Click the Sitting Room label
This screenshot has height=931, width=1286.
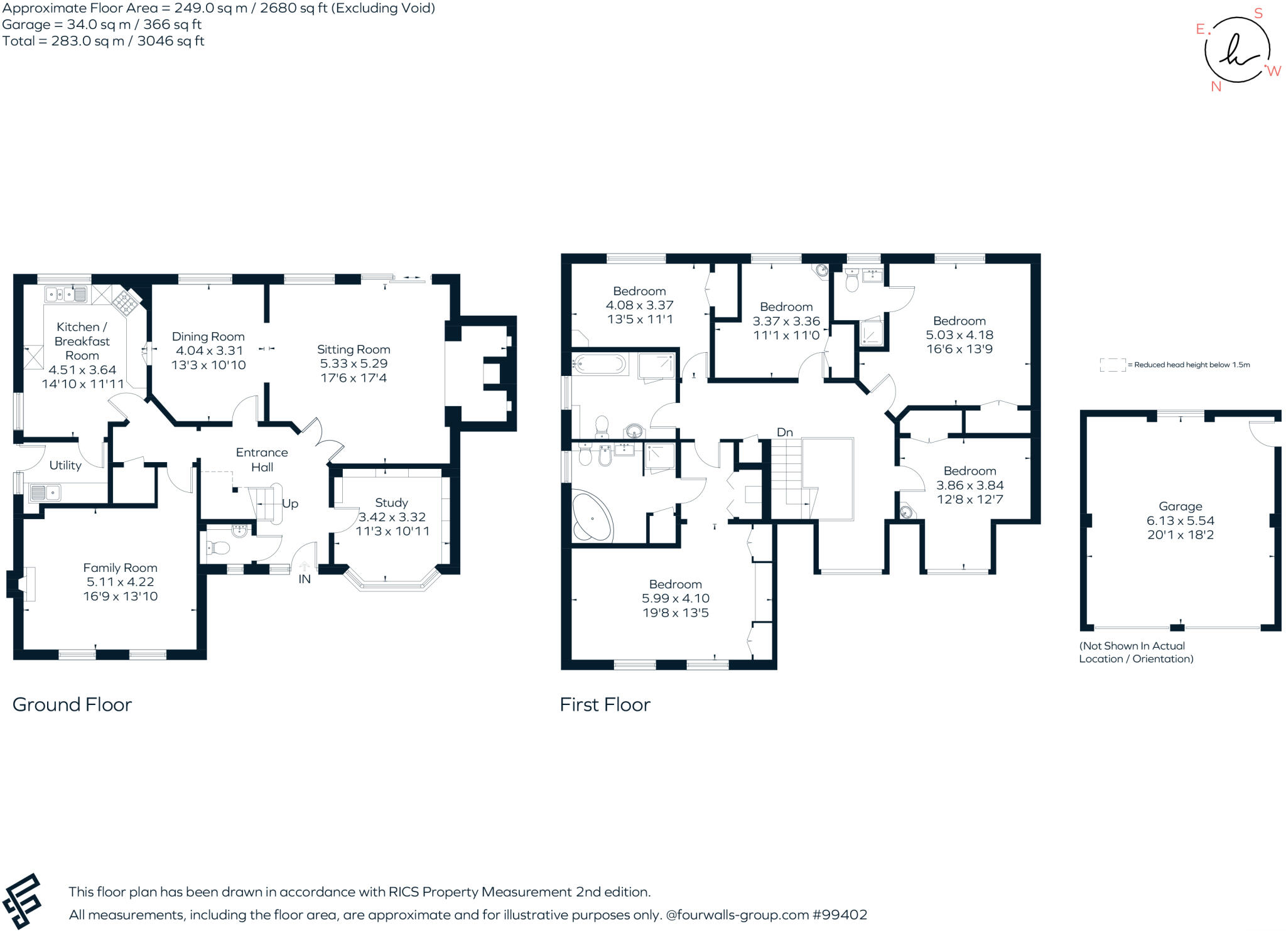coord(354,350)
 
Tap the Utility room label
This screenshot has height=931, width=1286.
coord(65,465)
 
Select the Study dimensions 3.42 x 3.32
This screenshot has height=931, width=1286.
coord(392,517)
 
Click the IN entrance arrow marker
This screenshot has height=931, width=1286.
coord(305,567)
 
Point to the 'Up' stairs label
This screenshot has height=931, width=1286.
coord(290,503)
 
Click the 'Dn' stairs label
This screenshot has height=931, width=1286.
coord(785,432)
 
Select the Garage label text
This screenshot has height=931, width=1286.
coord(1180,506)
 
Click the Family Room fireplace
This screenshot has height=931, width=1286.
coord(25,583)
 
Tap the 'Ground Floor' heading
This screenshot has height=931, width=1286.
coord(72,704)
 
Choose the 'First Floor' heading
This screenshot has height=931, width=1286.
coord(605,704)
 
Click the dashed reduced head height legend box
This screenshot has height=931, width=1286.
coord(1113,365)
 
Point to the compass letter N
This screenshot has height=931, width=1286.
coord(1216,87)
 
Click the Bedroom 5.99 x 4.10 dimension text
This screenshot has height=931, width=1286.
coord(676,598)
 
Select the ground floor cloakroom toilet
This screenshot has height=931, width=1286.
coord(217,548)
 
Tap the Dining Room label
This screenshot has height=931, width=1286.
coord(208,336)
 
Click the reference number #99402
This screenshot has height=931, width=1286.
coord(840,915)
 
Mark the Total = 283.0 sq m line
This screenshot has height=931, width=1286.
coord(103,41)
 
